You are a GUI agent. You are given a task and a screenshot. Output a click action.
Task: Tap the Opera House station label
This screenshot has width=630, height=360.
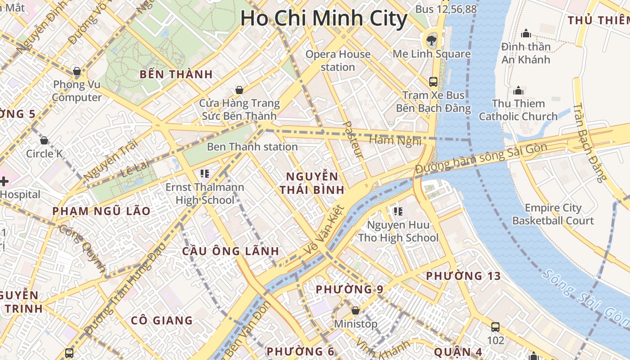pyautogui.click(x=338, y=61)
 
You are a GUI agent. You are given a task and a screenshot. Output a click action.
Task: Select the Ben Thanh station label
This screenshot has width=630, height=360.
pyautogui.click(x=252, y=147)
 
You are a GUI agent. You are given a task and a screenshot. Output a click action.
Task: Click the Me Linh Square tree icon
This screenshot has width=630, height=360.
pyautogui.click(x=432, y=40)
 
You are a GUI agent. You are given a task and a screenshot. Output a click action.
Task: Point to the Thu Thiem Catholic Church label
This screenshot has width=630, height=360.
pyautogui.click(x=518, y=110)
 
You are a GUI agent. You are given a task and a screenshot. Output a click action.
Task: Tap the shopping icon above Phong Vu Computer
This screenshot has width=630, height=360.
pyautogui.click(x=77, y=71)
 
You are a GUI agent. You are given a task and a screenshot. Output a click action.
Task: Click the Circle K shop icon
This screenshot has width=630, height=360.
pyautogui.click(x=44, y=140)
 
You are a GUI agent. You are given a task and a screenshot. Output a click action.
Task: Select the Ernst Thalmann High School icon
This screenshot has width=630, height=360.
pyautogui.click(x=205, y=173)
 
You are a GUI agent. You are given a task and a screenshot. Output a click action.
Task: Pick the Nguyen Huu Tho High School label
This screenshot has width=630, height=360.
pyautogui.click(x=398, y=231)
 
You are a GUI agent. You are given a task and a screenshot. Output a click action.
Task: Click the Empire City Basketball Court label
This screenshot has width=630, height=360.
pyautogui.click(x=553, y=214)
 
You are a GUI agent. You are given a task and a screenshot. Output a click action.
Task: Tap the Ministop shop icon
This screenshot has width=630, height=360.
pyautogui.click(x=355, y=310)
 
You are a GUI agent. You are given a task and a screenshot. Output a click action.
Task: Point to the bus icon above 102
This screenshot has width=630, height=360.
pyautogui.click(x=495, y=327)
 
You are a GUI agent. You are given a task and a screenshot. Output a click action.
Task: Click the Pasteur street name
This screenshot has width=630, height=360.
pyautogui.click(x=353, y=139)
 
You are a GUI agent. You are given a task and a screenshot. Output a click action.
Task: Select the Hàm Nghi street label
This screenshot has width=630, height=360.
pyautogui.click(x=395, y=140)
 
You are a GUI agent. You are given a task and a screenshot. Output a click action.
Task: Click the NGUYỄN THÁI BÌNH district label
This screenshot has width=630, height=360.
pyautogui.click(x=312, y=183)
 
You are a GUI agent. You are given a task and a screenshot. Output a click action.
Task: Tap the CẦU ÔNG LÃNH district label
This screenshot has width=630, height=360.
pyautogui.click(x=230, y=251)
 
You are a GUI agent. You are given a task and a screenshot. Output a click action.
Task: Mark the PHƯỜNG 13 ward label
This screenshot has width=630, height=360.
pyautogui.click(x=463, y=276)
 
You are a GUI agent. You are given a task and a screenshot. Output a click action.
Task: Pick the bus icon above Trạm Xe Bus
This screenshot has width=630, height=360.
pyautogui.click(x=433, y=82)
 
